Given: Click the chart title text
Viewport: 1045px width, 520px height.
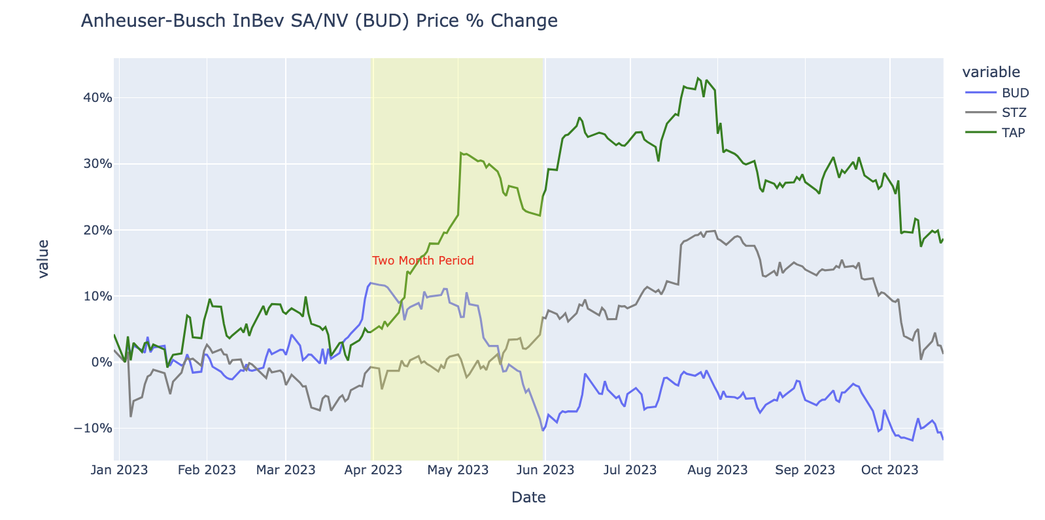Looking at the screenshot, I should tap(319, 21).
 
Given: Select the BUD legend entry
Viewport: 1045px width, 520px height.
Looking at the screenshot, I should tap(1015, 93).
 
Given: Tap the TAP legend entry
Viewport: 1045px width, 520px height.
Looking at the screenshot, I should tap(1014, 133).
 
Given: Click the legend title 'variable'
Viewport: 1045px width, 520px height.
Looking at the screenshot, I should tap(991, 72).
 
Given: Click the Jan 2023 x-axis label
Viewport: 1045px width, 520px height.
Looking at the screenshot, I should tap(120, 470).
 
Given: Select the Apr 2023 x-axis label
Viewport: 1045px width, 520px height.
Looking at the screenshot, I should tap(373, 470).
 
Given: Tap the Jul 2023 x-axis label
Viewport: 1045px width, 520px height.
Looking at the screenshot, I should tap(630, 470).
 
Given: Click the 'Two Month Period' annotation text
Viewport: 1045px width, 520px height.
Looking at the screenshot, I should tap(423, 261).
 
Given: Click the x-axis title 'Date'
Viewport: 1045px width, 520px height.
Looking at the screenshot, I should tap(528, 498).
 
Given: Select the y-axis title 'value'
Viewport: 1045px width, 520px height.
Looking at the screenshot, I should tap(43, 259).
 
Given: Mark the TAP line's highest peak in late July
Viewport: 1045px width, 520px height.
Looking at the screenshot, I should tap(698, 78).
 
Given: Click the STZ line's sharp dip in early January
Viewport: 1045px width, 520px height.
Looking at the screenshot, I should tap(131, 416).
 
